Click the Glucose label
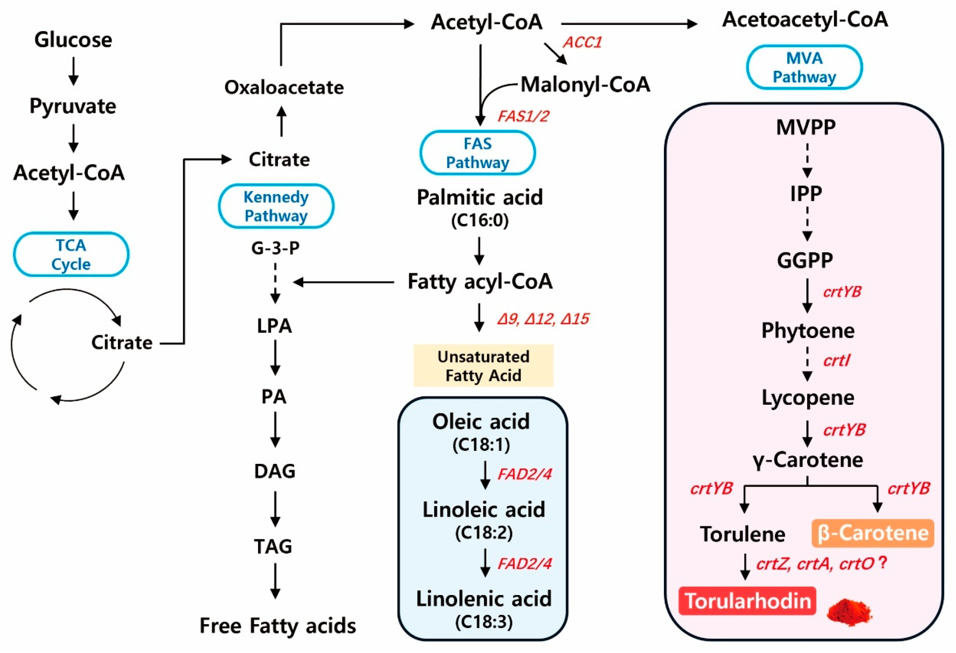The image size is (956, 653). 73,40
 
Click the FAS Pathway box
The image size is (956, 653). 478,153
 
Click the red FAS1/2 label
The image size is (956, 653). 523,116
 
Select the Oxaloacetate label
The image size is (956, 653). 284,87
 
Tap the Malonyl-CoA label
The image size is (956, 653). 585,85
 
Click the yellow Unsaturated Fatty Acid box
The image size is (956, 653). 483,366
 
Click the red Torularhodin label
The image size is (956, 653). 747,601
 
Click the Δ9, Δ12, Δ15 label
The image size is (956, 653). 543,319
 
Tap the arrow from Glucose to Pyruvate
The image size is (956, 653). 73,71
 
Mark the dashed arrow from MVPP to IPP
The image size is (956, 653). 807,160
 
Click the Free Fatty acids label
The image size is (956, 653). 278,626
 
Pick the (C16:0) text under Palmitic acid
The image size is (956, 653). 480,220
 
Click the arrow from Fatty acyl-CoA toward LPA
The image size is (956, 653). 343,282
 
